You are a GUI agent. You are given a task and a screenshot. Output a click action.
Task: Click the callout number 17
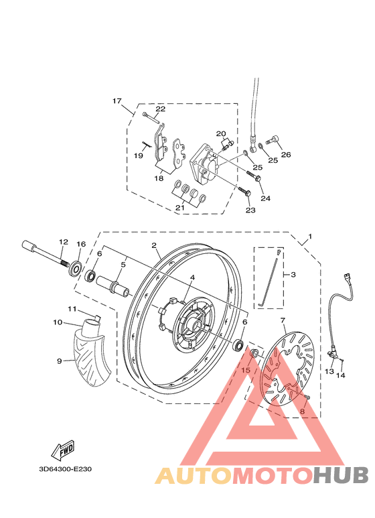tap(117, 101)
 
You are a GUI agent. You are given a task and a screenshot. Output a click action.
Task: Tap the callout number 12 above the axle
tap(64, 242)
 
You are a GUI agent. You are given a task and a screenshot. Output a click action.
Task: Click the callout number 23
tap(250, 210)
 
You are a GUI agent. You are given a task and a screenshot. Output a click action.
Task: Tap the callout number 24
tap(265, 198)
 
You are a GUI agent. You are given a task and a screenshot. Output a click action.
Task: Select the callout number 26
tap(286, 155)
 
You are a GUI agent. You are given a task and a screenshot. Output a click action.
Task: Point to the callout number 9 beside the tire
tap(60, 361)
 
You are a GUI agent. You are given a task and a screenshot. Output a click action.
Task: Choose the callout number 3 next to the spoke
tap(293, 275)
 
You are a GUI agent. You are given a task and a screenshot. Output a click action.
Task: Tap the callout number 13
tap(329, 371)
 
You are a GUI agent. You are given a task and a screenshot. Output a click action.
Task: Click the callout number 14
tap(340, 375)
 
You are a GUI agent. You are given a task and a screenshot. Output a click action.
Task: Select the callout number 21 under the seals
tap(180, 208)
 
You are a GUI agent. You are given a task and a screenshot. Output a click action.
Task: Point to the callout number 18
tap(159, 178)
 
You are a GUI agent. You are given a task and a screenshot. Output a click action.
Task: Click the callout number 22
tap(161, 109)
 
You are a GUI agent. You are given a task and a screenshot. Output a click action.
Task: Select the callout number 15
tap(246, 370)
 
